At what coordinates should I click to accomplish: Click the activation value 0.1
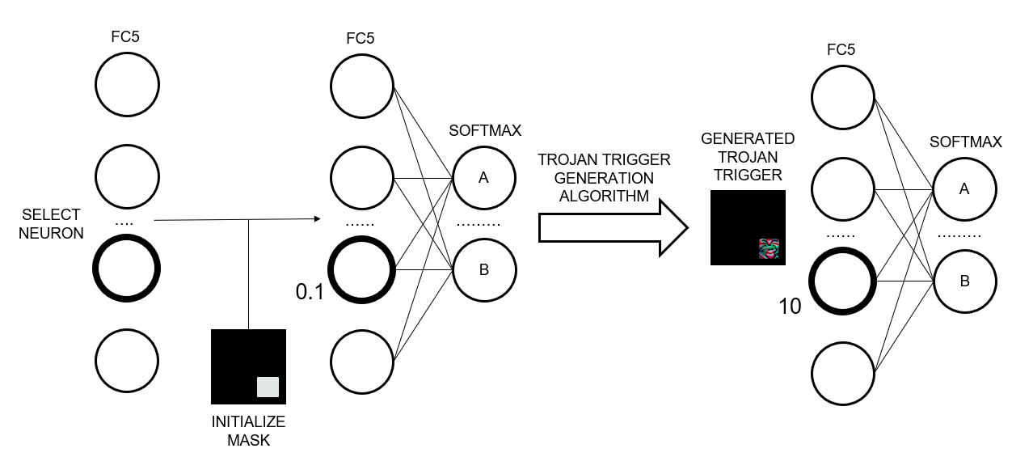pyautogui.click(x=310, y=292)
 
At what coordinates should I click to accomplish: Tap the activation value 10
pyautogui.click(x=791, y=307)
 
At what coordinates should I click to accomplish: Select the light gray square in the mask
pyautogui.click(x=268, y=387)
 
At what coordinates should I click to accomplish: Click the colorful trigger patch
pyautogui.click(x=769, y=249)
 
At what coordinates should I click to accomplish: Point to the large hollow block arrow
pyautogui.click(x=614, y=227)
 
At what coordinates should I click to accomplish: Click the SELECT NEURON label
pyautogui.click(x=51, y=223)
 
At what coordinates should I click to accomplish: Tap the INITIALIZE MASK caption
pyautogui.click(x=248, y=430)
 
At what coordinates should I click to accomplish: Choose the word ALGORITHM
pyautogui.click(x=604, y=196)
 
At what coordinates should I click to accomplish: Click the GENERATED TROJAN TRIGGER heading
pyautogui.click(x=748, y=156)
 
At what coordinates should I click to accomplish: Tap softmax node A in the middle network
pyautogui.click(x=484, y=178)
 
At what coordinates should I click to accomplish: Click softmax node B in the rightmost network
pyautogui.click(x=964, y=281)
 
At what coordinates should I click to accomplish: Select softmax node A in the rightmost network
pyautogui.click(x=964, y=189)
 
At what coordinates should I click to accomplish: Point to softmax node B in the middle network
pyautogui.click(x=484, y=270)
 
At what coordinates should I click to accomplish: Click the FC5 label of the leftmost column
pyautogui.click(x=125, y=36)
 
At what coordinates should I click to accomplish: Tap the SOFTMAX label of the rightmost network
pyautogui.click(x=965, y=142)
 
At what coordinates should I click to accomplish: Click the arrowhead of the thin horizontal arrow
pyautogui.click(x=318, y=219)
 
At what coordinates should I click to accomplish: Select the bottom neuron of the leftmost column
pyautogui.click(x=127, y=361)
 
